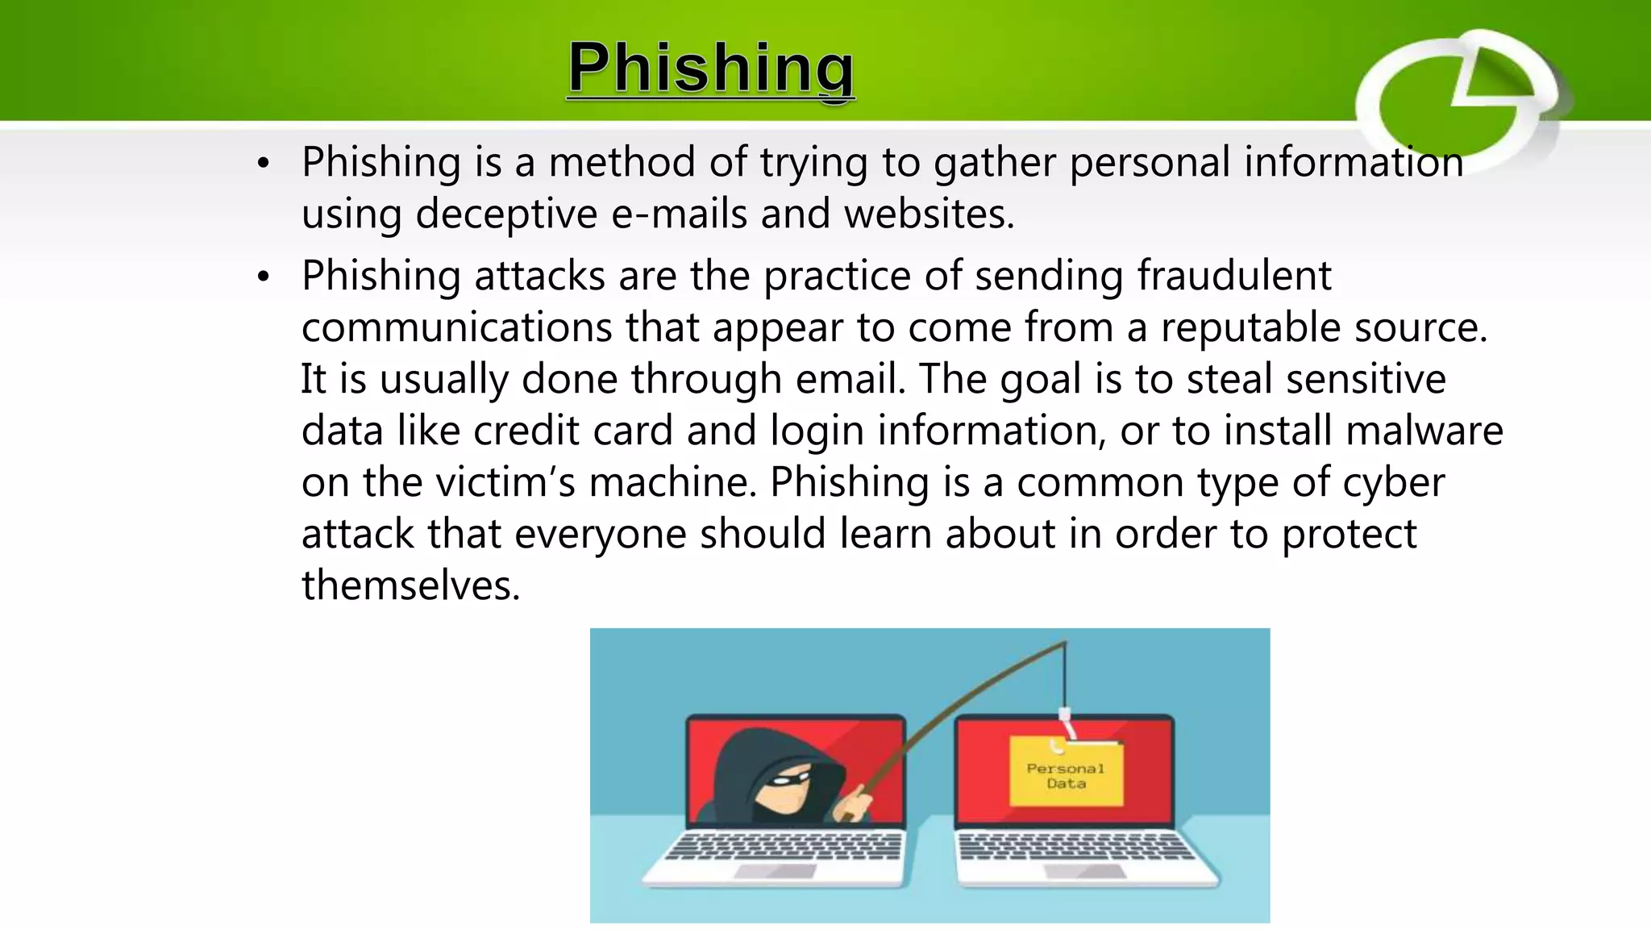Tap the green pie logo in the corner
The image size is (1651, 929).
click(x=1459, y=100)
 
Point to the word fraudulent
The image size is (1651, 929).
click(x=1233, y=276)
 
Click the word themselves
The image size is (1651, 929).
click(x=410, y=585)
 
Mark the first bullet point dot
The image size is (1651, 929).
click(x=262, y=164)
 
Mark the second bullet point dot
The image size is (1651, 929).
click(x=262, y=277)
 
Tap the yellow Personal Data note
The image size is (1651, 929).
click(x=1066, y=773)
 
